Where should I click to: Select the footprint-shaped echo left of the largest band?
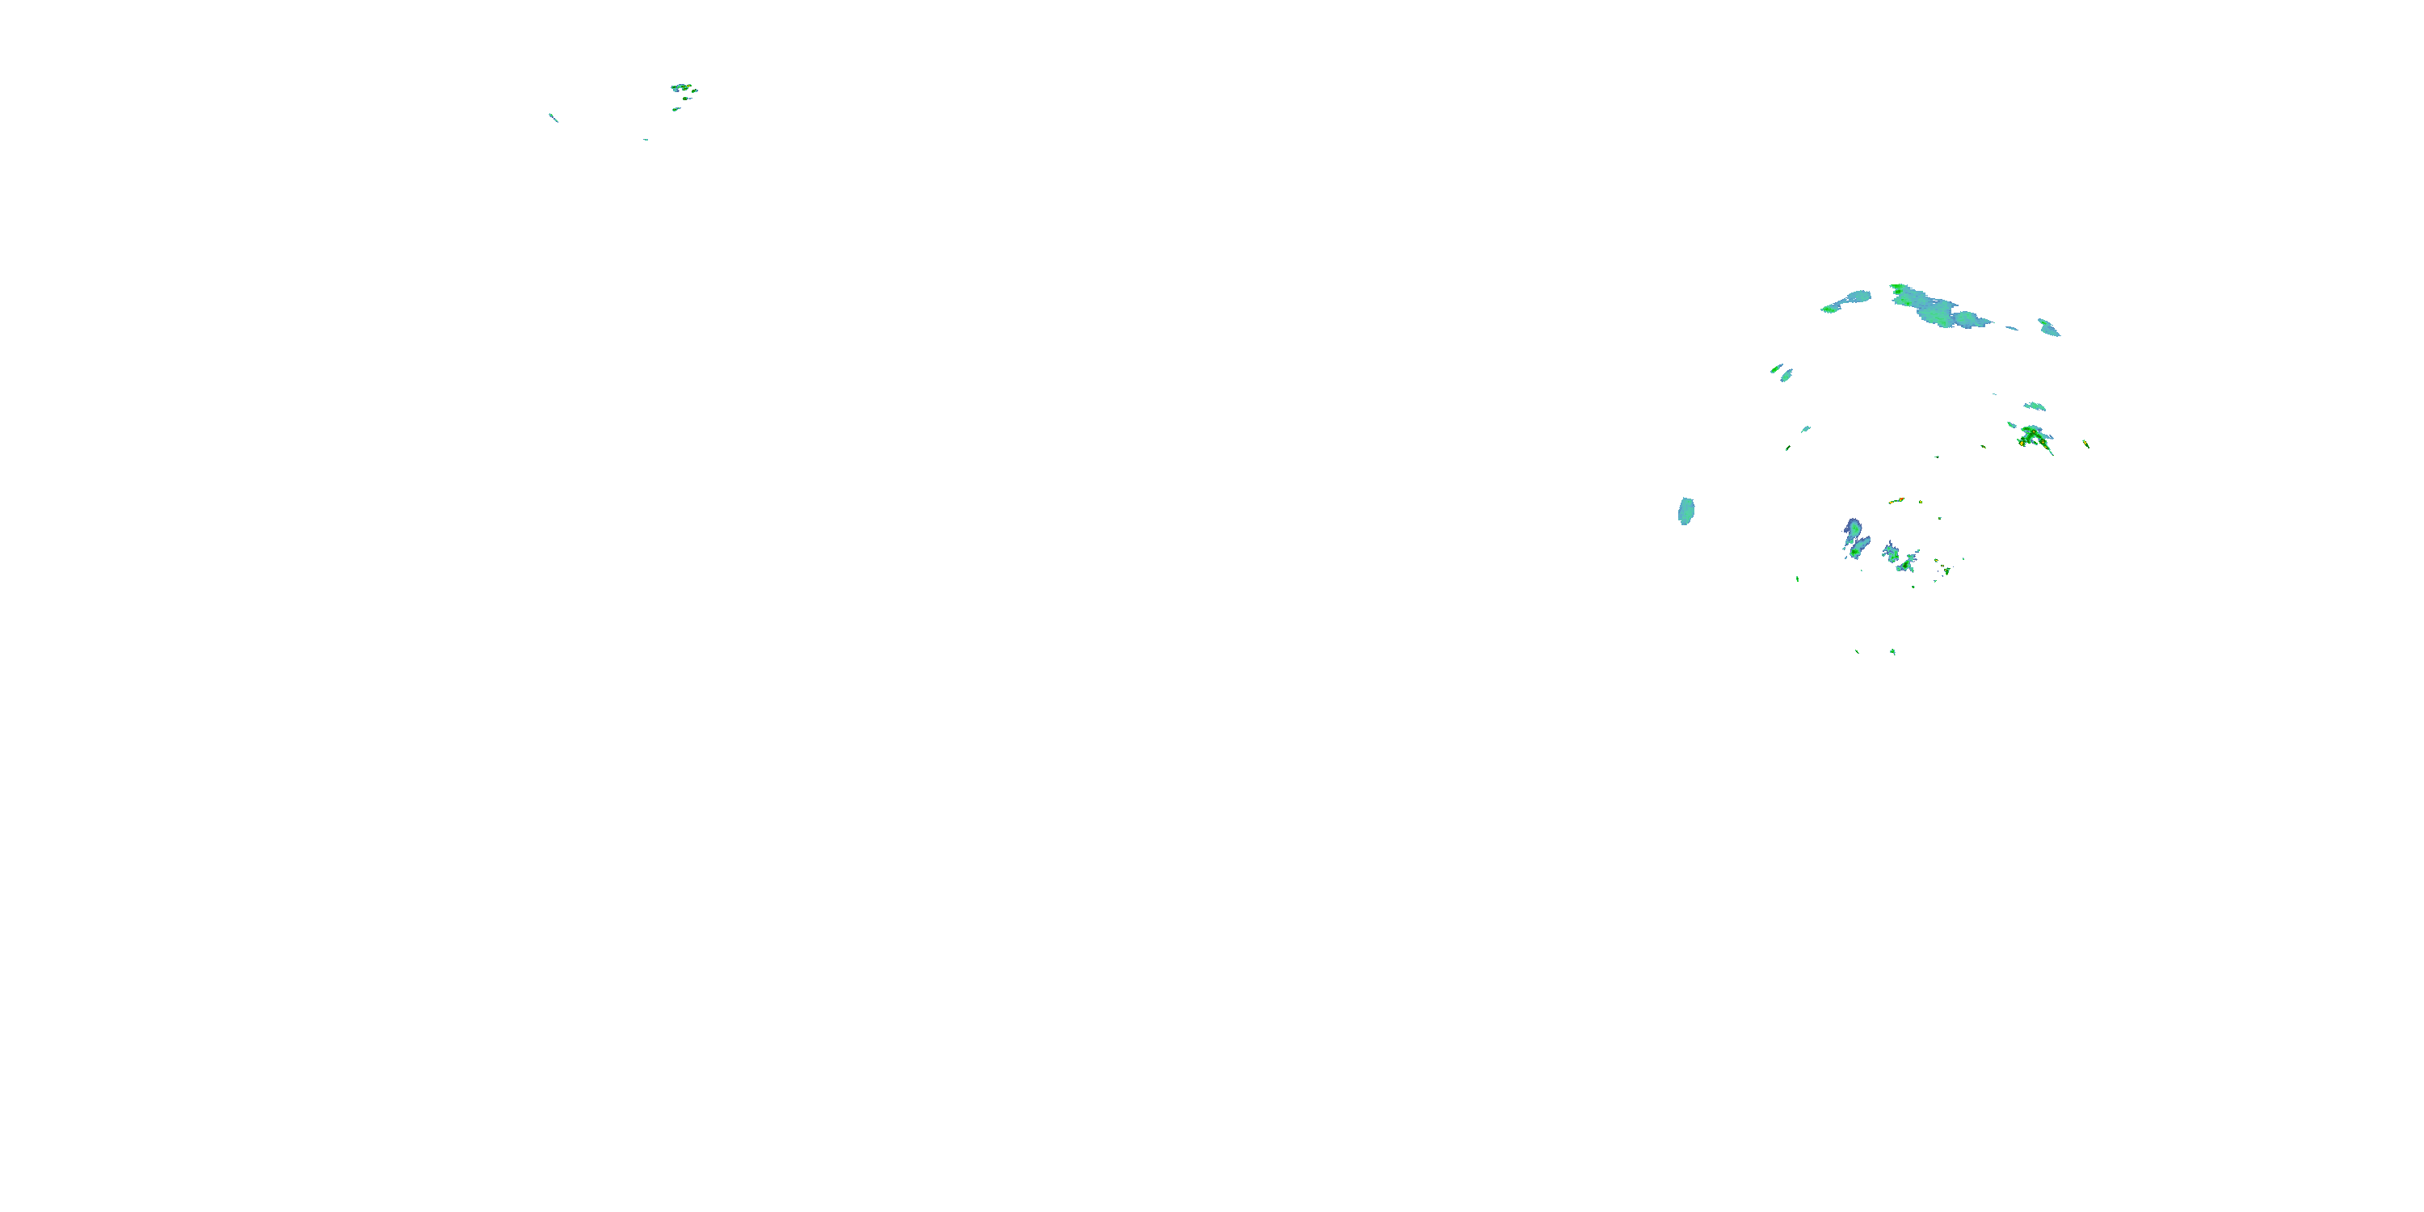pyautogui.click(x=1848, y=301)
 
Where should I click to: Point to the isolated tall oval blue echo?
pyautogui.click(x=1686, y=511)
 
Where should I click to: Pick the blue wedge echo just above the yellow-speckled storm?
pyautogui.click(x=2035, y=406)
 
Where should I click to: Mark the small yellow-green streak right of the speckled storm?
pyautogui.click(x=2086, y=444)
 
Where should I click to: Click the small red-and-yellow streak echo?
pyautogui.click(x=1896, y=501)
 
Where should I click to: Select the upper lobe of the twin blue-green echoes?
pyautogui.click(x=1853, y=529)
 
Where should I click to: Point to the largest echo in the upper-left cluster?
pyautogui.click(x=681, y=87)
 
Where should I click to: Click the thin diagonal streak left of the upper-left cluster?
pyautogui.click(x=553, y=118)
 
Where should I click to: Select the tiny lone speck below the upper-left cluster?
pyautogui.click(x=646, y=139)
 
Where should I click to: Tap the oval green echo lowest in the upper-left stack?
pyautogui.click(x=675, y=109)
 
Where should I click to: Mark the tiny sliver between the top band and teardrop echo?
pyautogui.click(x=2012, y=328)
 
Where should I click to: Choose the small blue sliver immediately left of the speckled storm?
pyautogui.click(x=2012, y=425)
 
